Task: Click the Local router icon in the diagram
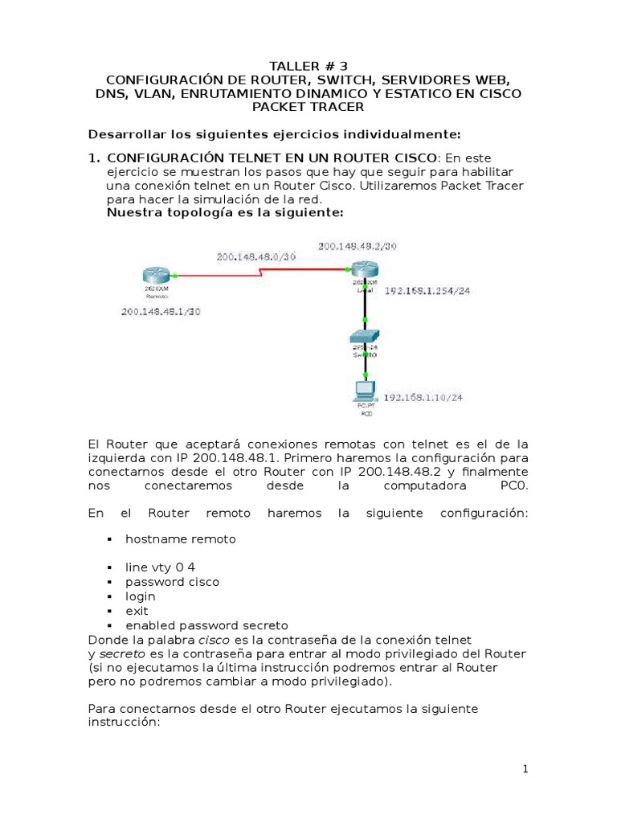click(366, 273)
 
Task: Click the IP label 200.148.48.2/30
click(357, 246)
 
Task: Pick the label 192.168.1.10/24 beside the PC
click(423, 397)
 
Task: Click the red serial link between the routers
click(265, 272)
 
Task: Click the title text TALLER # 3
click(308, 66)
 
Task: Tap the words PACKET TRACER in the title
click(308, 107)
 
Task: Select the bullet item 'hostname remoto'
click(181, 539)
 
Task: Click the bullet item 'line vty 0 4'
click(160, 567)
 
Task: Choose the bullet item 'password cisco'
click(172, 582)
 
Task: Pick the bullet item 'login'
click(141, 596)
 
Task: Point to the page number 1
click(525, 769)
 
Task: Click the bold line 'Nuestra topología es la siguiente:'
click(225, 213)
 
